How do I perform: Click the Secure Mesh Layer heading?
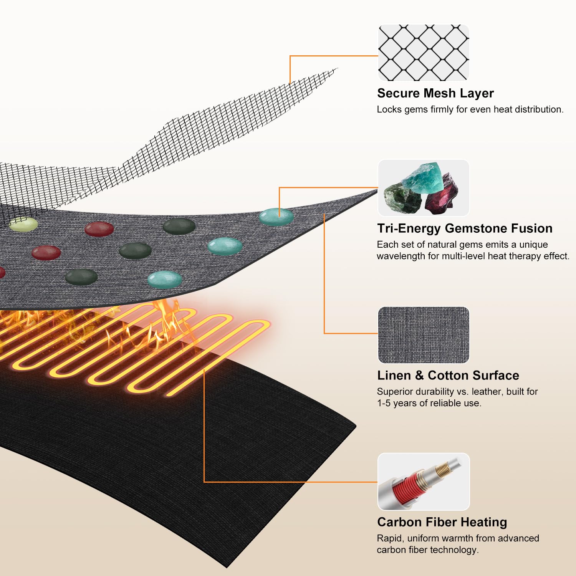[x=435, y=93]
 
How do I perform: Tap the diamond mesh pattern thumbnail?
[x=424, y=53]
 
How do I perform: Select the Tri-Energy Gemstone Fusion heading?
[x=465, y=228]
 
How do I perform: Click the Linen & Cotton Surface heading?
[x=448, y=375]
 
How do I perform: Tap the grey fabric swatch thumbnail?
[x=424, y=334]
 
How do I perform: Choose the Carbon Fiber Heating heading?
[x=442, y=522]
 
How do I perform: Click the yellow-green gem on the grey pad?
[x=23, y=224]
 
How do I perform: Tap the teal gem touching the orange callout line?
[x=276, y=217]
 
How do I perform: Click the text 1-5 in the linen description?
[x=385, y=403]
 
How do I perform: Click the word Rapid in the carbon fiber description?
[x=390, y=539]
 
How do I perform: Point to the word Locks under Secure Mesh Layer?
[x=389, y=109]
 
